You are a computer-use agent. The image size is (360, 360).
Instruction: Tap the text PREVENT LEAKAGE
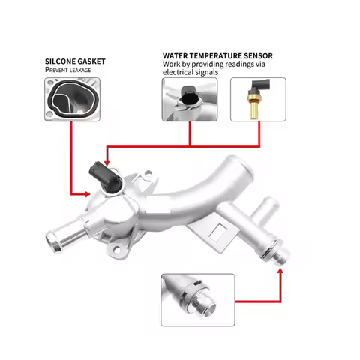click(67, 69)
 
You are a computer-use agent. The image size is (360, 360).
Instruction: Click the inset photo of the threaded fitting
click(197, 299)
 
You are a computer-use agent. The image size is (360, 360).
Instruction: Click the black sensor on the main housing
click(103, 175)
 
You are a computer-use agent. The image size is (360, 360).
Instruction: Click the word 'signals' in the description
click(212, 72)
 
